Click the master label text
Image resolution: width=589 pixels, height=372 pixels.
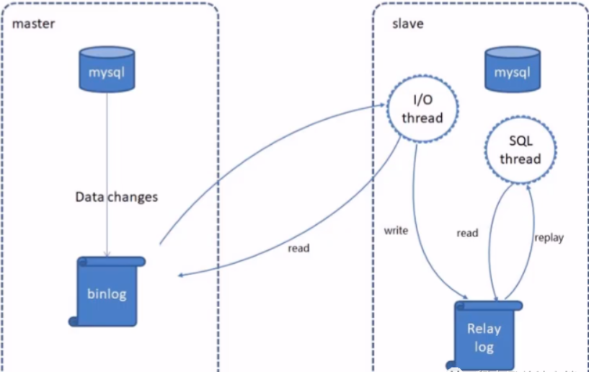33,24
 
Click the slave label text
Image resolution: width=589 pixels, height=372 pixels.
407,24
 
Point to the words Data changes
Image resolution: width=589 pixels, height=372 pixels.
117,196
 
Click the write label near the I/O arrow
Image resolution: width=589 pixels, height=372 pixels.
397,231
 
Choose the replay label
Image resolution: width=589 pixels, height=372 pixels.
549,237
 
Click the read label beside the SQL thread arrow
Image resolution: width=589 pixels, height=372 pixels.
467,233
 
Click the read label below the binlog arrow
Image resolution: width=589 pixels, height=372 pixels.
298,248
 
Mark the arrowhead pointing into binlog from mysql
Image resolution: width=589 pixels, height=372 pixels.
107,253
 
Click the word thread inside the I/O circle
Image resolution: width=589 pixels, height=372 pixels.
424,118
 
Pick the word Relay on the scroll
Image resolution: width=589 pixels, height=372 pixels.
484,329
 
